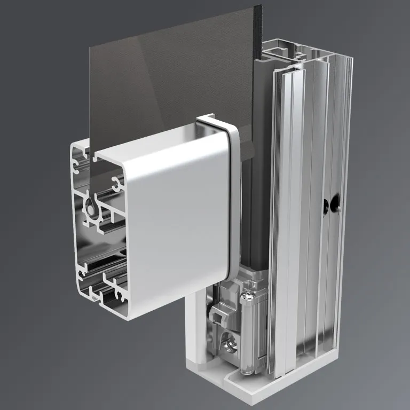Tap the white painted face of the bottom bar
coord(176,214)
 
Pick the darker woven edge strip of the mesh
coord(258,32)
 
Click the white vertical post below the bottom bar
coord(194,331)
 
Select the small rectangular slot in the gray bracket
coord(217,318)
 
